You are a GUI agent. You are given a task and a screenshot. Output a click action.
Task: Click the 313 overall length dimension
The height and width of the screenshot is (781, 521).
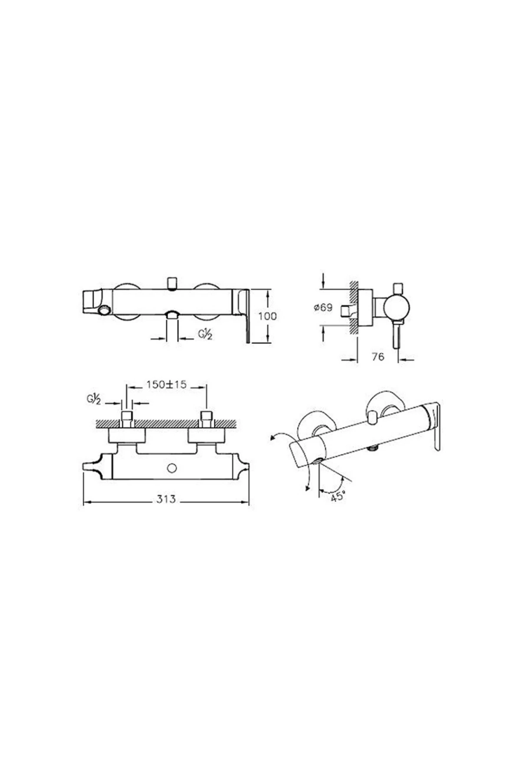166,499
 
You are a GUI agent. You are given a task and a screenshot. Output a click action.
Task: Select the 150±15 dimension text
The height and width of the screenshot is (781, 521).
166,384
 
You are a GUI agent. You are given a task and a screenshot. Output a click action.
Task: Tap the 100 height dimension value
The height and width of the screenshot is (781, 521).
267,316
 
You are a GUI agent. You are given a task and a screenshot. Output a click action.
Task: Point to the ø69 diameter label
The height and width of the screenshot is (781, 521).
323,308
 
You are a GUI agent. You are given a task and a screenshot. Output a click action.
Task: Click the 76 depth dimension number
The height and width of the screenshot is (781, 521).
378,357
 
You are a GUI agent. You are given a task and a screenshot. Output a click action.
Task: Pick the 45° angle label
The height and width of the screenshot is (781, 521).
337,497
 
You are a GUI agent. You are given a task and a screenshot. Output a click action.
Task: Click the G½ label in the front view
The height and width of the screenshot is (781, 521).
205,335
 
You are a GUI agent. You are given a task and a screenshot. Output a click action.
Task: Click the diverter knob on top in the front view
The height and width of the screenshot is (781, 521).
172,283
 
